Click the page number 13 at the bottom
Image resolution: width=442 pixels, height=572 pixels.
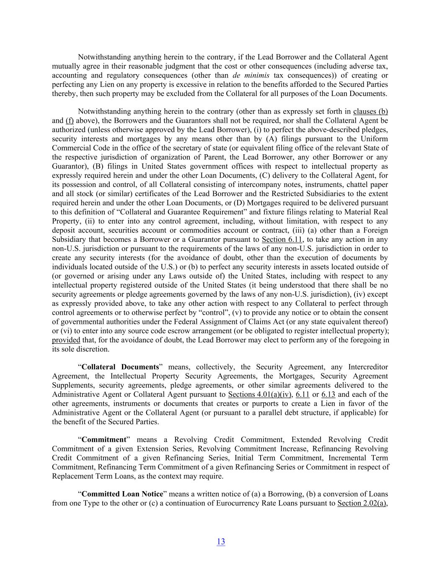pyautogui.click(x=221, y=541)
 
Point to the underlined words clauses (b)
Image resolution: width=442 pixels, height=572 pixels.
pyautogui.click(x=370, y=112)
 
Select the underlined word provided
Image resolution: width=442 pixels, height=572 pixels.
pyautogui.click(x=66, y=340)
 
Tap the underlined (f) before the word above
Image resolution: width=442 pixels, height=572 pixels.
pyautogui.click(x=70, y=121)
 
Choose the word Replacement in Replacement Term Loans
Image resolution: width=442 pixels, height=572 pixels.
pyautogui.click(x=71, y=476)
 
